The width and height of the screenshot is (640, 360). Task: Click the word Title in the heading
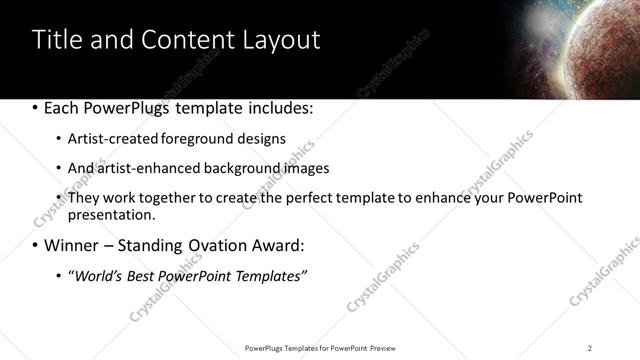click(58, 40)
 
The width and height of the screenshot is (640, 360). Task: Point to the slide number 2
click(590, 348)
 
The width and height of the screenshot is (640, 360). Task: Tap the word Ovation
click(227, 245)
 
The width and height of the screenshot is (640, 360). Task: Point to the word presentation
click(111, 214)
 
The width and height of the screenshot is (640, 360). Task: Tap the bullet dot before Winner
click(36, 245)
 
